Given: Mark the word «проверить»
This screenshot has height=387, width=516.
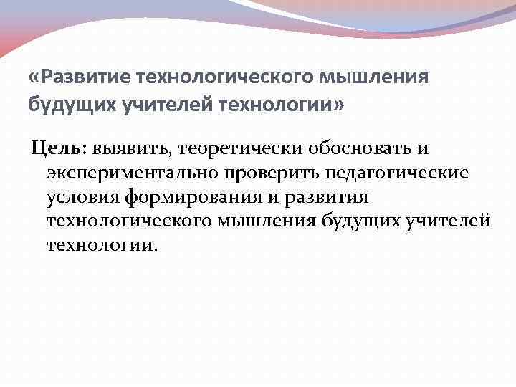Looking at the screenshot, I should coord(274,173).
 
